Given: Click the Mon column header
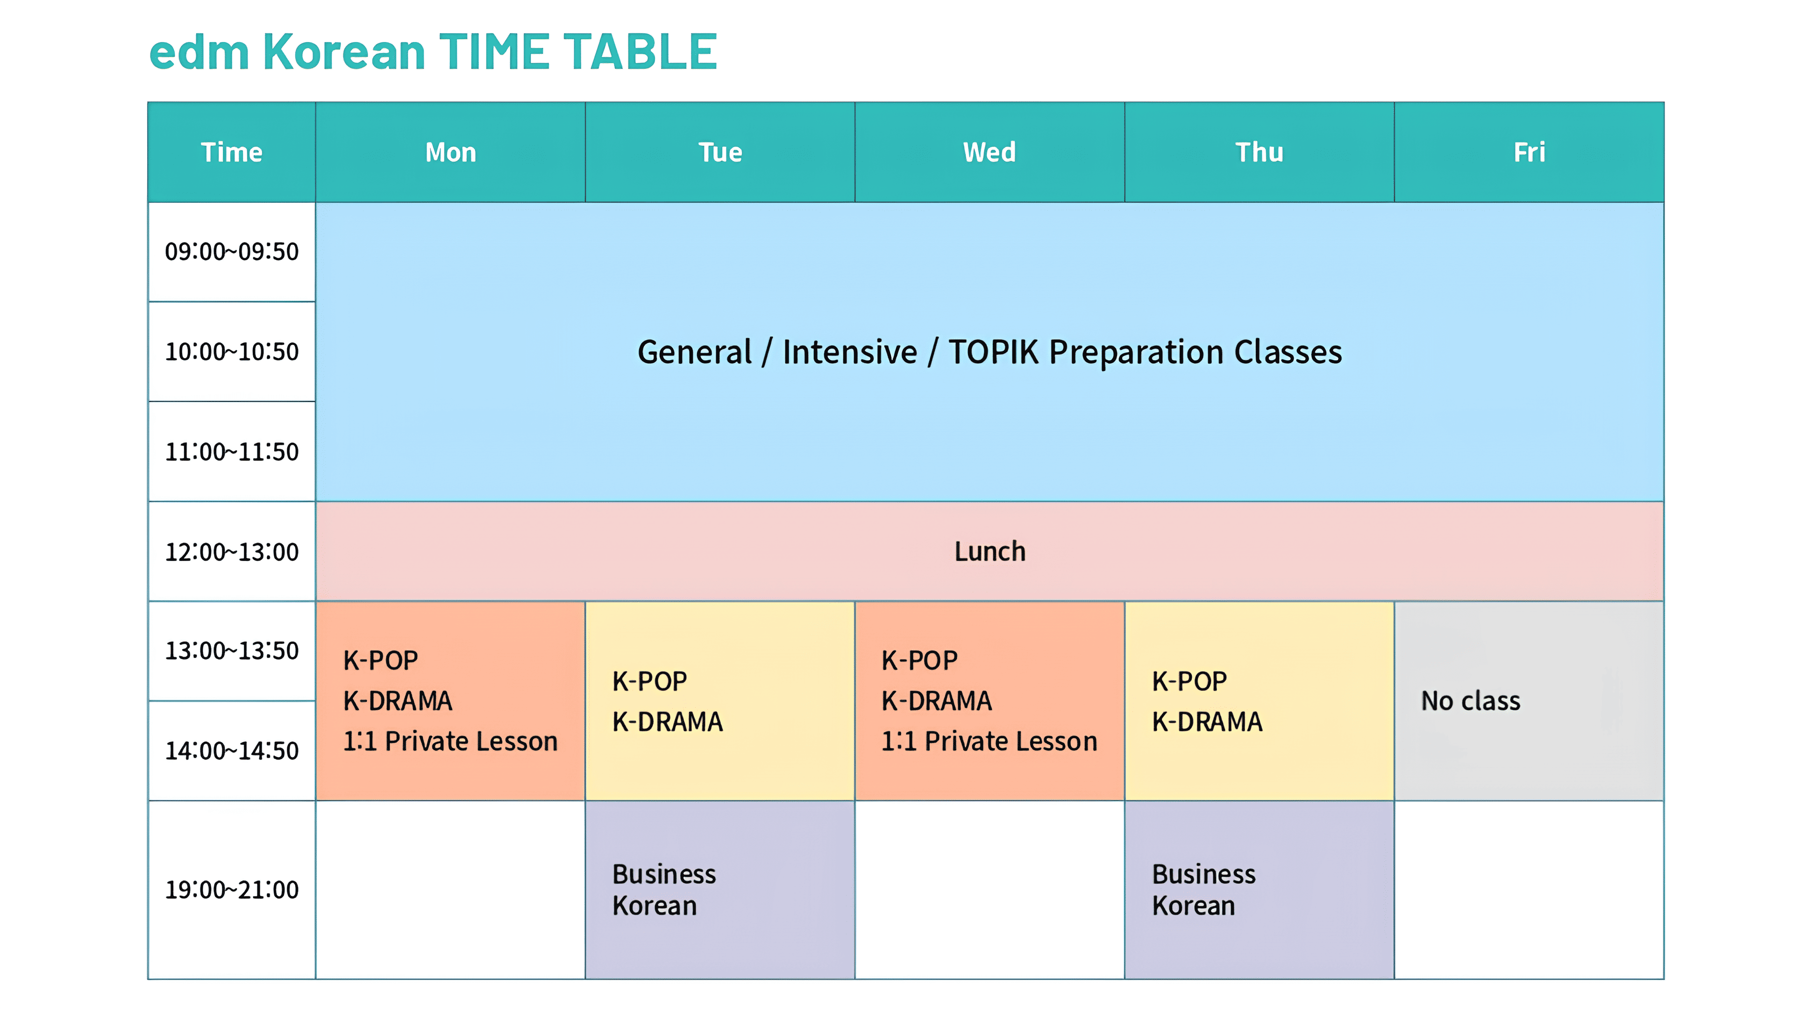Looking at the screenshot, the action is click(x=450, y=152).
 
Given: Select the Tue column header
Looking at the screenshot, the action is click(x=720, y=152).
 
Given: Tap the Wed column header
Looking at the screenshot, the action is click(x=990, y=152).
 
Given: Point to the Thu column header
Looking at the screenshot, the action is click(x=1259, y=152).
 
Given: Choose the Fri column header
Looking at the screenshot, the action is click(x=1529, y=152).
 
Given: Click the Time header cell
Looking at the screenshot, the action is click(x=232, y=152).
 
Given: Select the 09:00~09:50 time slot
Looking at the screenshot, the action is click(x=232, y=251).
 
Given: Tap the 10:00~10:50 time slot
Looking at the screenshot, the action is click(x=232, y=352).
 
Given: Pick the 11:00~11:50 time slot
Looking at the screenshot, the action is click(x=232, y=452).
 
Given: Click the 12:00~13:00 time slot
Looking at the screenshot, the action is click(x=232, y=552).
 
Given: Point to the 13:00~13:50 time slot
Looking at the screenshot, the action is click(x=232, y=650).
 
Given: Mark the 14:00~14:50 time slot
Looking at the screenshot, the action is click(x=232, y=751).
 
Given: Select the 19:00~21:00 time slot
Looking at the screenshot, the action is click(x=232, y=889).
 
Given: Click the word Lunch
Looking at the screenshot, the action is click(x=990, y=552).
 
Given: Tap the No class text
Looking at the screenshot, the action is click(x=1470, y=701).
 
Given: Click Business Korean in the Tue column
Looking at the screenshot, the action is click(x=664, y=889).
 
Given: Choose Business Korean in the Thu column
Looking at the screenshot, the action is click(x=1203, y=889).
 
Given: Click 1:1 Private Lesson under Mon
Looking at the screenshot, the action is click(x=450, y=741).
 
